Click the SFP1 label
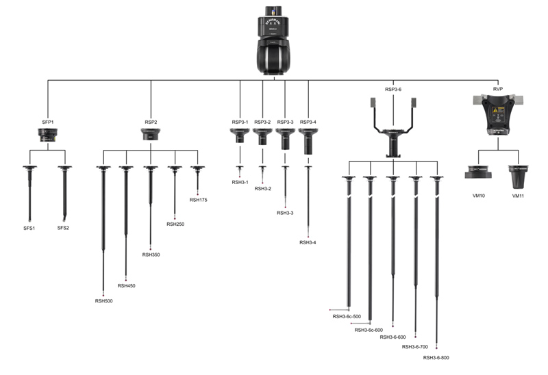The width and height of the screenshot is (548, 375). coord(48,122)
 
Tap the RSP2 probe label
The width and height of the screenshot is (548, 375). coord(151,122)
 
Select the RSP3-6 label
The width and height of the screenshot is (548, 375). coord(393,90)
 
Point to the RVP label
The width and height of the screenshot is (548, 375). coord(498,90)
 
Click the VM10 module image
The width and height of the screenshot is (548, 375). coord(478,172)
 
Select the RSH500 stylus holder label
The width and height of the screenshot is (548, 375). coord(103,300)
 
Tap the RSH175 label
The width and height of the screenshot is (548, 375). coord(198,200)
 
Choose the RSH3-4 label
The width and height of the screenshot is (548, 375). coord(308,242)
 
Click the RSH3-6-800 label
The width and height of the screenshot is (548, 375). coord(436,357)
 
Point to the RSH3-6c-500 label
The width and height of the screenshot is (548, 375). coord(347,316)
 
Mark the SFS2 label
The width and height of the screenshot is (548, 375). coord(63,227)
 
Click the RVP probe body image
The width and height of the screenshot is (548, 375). coord(498,117)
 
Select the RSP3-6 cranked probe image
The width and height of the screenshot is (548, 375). coord(393,130)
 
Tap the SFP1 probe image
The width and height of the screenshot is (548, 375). coord(48,136)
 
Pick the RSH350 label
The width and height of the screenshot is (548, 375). coord(151,255)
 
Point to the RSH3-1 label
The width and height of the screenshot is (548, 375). coord(240,183)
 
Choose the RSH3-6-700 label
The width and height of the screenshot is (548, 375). coord(414,347)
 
